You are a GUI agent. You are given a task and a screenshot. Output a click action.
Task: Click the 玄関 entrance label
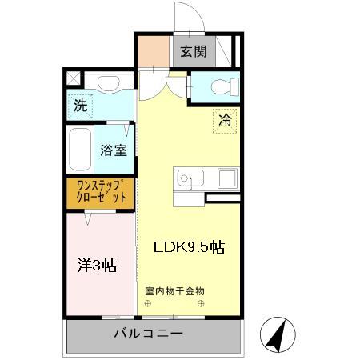(194, 52)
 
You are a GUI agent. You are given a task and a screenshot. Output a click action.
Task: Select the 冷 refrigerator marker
(226, 122)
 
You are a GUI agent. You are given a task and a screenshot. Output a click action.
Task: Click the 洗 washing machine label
(80, 105)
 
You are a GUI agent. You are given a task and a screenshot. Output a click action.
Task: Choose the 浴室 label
(113, 150)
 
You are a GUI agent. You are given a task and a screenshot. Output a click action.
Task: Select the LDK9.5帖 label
(188, 247)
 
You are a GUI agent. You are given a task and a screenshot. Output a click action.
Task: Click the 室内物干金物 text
(175, 290)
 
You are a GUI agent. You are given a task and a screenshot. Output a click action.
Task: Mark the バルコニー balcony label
(148, 333)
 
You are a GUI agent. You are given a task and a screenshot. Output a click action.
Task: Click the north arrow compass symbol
(276, 334)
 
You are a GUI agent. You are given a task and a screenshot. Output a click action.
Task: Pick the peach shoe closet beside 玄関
(153, 52)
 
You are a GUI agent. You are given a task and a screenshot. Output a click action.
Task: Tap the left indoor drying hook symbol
(147, 303)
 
